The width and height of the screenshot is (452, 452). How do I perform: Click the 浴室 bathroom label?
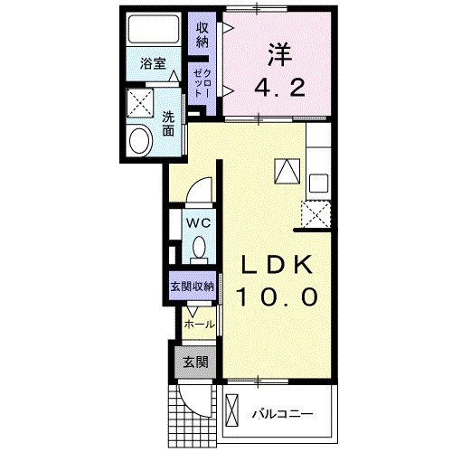pos(153,63)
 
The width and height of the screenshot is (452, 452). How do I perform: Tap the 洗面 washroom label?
pos(169,123)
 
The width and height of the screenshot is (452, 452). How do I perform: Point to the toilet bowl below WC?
pos(198,248)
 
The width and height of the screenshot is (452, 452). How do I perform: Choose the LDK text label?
pos(277,264)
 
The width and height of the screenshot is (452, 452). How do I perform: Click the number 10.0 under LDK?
pos(277,297)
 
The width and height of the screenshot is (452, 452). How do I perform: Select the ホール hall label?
pos(199,324)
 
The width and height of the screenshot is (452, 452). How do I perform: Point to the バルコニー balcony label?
pos(281,414)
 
